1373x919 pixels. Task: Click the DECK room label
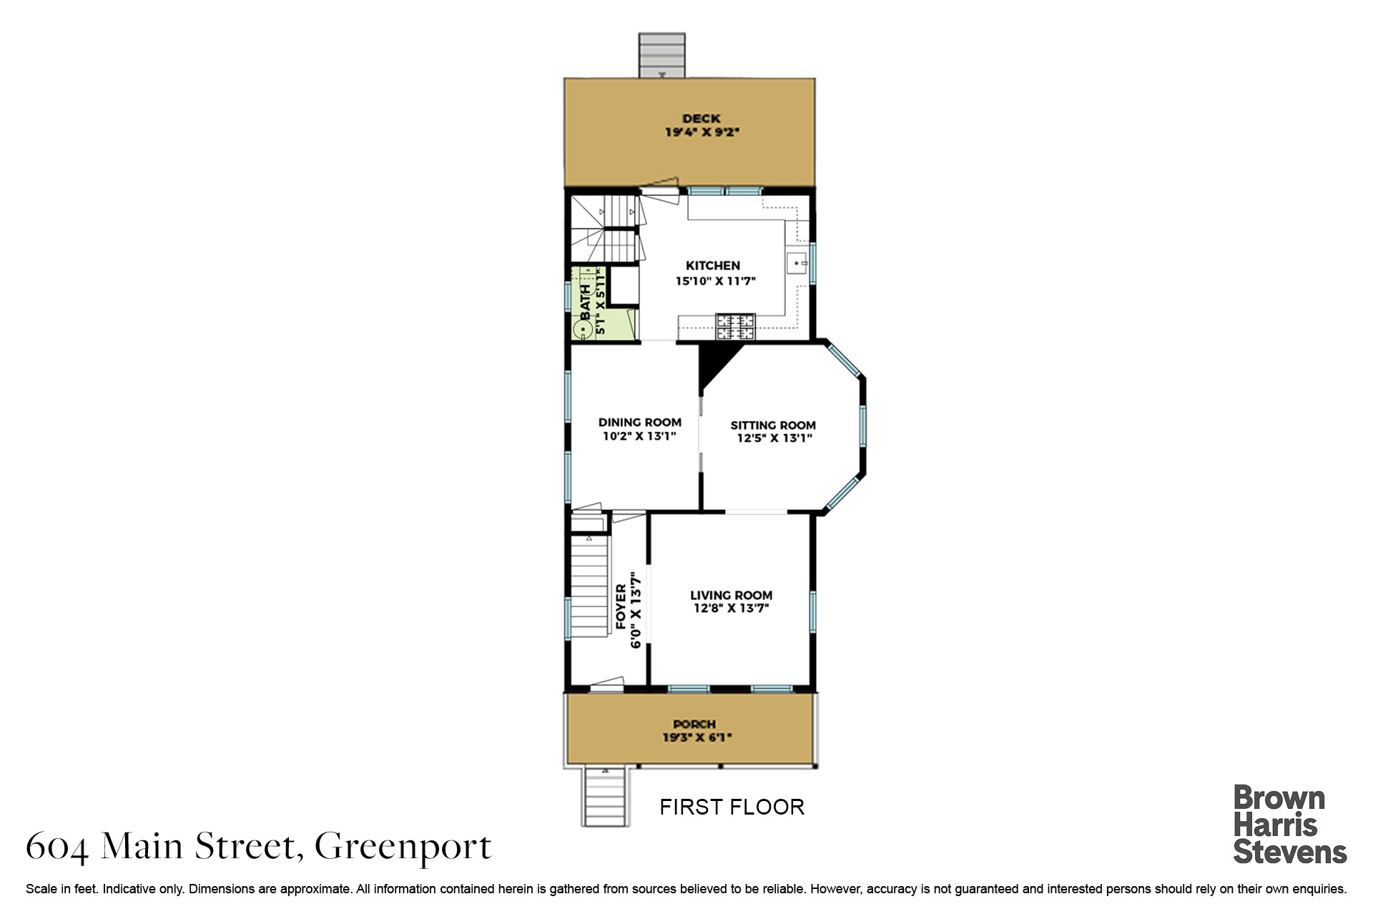[x=701, y=119]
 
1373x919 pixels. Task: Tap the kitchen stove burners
[x=736, y=327]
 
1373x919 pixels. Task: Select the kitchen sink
[x=797, y=263]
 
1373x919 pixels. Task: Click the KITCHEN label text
[x=712, y=265]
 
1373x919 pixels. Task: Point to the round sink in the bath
[x=583, y=330]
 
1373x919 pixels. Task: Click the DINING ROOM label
[x=639, y=423]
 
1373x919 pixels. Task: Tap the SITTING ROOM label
[x=773, y=426]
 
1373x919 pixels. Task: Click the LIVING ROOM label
[x=731, y=595]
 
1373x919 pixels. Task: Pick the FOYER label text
[x=621, y=607]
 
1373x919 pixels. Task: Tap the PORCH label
[x=694, y=724]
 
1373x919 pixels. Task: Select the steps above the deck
[x=661, y=55]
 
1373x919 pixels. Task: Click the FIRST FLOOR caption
[x=732, y=807]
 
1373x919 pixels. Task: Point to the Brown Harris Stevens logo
[x=1289, y=825]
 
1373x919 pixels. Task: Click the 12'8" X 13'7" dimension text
[x=731, y=609]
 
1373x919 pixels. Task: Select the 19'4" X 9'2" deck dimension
[x=702, y=132]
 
